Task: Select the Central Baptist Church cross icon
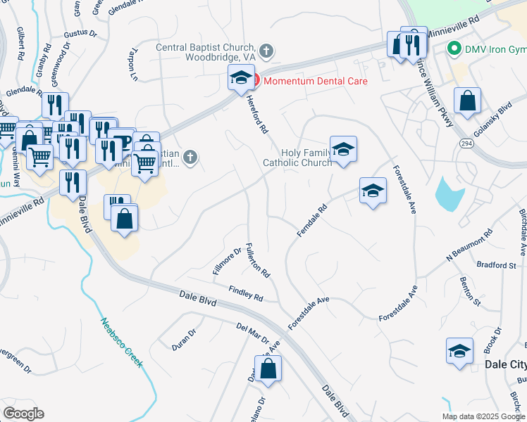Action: tap(266, 51)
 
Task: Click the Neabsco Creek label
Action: tap(120, 343)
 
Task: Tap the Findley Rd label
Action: tap(246, 293)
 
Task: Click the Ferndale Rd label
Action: tap(313, 221)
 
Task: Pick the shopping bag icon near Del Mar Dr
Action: tap(268, 368)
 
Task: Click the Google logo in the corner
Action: tap(23, 414)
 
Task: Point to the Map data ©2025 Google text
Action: tap(483, 416)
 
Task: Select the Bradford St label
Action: tap(502, 266)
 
